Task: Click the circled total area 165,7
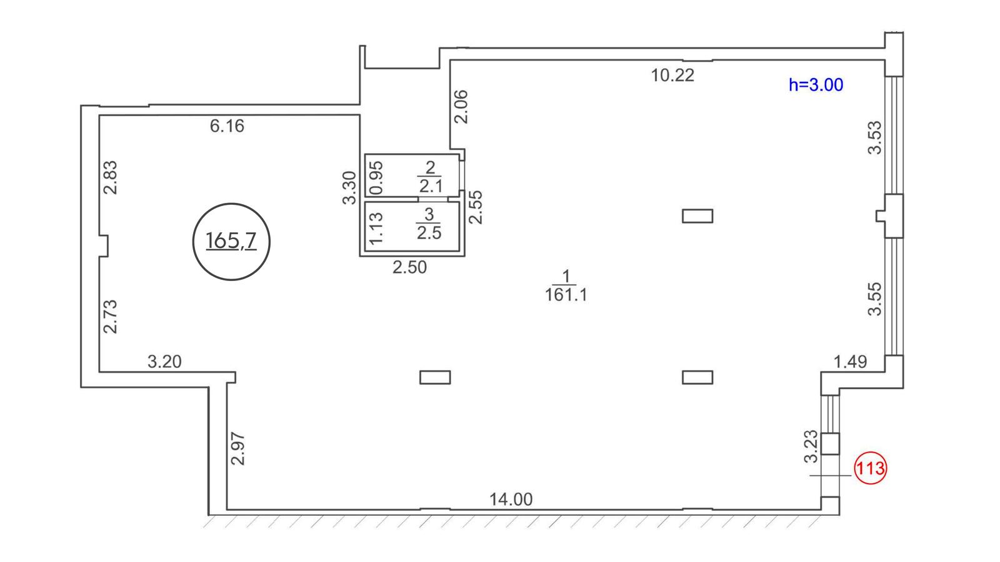pyautogui.click(x=231, y=242)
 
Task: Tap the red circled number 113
pyautogui.click(x=870, y=468)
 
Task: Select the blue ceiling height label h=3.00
pyautogui.click(x=816, y=85)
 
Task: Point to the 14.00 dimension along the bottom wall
pyautogui.click(x=511, y=499)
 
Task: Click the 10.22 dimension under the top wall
pyautogui.click(x=672, y=76)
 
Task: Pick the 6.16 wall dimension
pyautogui.click(x=227, y=126)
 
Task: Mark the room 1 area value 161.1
pyautogui.click(x=566, y=295)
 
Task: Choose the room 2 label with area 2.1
pyautogui.click(x=431, y=177)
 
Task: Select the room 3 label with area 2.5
pyautogui.click(x=429, y=224)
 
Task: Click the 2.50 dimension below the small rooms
pyautogui.click(x=410, y=267)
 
